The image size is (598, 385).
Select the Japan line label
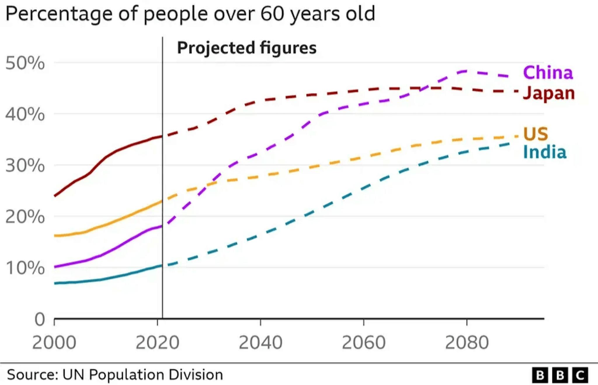point(549,93)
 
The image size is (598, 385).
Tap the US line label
point(535,134)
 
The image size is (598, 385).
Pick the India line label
point(545,152)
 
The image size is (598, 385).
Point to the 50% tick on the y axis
point(25,63)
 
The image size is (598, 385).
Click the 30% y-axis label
point(25,166)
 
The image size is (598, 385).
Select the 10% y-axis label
point(25,268)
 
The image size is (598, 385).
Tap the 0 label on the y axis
point(40,319)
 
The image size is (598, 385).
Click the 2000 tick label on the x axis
point(54,342)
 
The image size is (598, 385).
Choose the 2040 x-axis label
point(260,342)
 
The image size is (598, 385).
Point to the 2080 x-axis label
point(467,342)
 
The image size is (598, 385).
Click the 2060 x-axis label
point(364,342)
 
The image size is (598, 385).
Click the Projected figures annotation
point(247,48)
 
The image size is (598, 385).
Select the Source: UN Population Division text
point(115,374)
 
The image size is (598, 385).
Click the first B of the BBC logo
point(540,375)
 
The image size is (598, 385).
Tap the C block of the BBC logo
point(580,375)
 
